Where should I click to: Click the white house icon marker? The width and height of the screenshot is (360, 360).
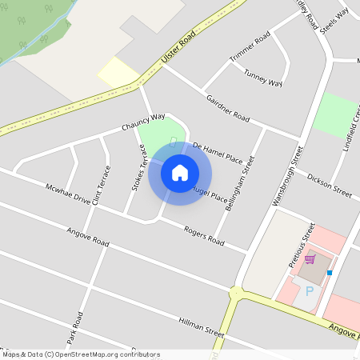click(x=180, y=173)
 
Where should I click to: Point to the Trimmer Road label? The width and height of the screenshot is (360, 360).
click(x=250, y=50)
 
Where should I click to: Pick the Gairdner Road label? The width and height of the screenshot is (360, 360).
click(x=228, y=108)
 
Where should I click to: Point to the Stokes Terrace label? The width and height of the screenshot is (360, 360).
click(x=139, y=171)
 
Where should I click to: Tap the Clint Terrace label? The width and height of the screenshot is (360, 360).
click(x=101, y=185)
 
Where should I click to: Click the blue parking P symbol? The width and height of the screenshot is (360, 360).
click(x=310, y=292)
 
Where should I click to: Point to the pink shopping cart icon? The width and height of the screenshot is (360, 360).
click(x=309, y=258)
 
